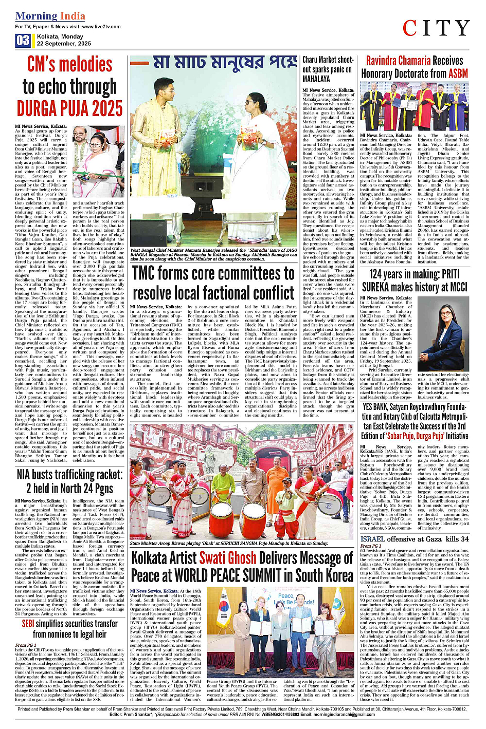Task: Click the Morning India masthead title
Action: (x=50, y=16)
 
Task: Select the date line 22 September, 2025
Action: (x=64, y=44)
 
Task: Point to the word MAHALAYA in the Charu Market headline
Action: (x=316, y=79)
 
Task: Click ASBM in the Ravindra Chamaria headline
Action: (x=458, y=73)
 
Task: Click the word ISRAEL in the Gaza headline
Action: (x=372, y=539)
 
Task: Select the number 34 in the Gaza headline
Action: (x=464, y=539)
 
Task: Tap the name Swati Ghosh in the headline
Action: (x=227, y=557)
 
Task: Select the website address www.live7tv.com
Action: (x=101, y=26)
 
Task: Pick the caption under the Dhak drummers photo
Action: (x=229, y=543)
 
